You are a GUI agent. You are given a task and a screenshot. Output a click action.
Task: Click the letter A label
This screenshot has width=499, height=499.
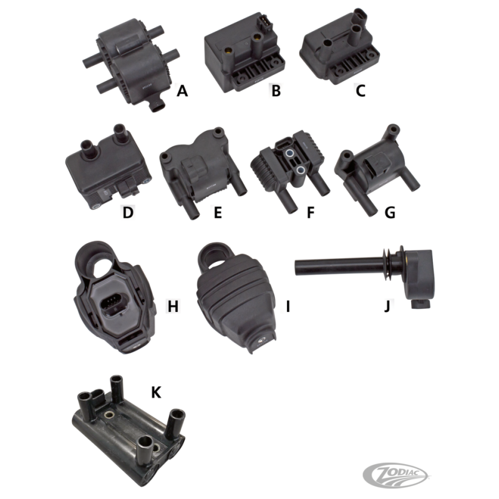coord(182,91)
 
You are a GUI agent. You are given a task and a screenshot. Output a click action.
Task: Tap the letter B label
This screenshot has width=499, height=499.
coord(276,90)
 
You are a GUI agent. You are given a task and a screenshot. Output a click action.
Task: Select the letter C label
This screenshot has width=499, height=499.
coord(361,90)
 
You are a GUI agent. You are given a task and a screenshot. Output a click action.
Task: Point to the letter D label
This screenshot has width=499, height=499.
coord(128,212)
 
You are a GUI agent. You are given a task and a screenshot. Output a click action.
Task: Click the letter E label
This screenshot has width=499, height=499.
coord(218,212)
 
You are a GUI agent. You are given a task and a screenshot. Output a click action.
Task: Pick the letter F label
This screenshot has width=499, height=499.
coord(311,212)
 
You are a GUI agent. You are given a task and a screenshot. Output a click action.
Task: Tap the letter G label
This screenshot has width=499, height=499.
coord(390,212)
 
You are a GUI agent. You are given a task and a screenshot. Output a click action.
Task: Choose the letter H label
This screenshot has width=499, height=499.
coord(173,306)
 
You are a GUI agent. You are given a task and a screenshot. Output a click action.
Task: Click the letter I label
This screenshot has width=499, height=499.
coord(288,306)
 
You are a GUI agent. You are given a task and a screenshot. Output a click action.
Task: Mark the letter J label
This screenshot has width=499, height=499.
coord(387,306)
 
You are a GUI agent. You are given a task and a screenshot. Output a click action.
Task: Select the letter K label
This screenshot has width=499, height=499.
coord(156,392)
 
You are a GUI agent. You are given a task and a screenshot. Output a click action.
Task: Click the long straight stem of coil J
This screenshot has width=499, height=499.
coord(338,267)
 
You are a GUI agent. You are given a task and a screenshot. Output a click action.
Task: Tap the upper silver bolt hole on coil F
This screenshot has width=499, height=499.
coord(289,153)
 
